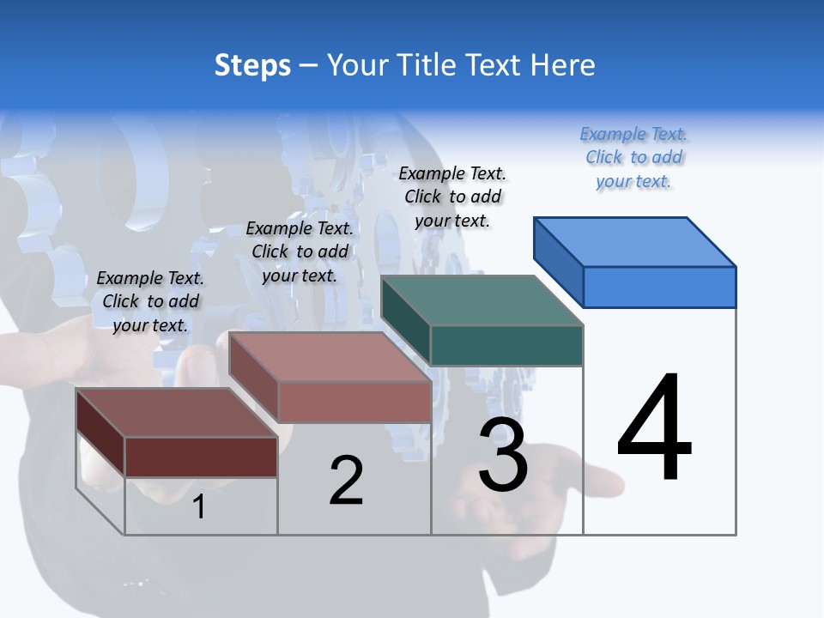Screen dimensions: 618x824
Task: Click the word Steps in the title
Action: click(252, 65)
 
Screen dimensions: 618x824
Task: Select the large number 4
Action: click(654, 429)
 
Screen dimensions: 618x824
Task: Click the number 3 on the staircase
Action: click(503, 455)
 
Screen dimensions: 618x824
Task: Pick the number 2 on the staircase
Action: click(346, 481)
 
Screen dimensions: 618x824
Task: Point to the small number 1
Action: click(199, 507)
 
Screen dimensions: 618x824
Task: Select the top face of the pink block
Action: click(330, 357)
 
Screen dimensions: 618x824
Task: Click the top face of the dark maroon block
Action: click(177, 413)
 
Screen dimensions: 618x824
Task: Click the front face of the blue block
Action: click(659, 287)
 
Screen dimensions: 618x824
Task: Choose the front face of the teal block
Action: click(506, 345)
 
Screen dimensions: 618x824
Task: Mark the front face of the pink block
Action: click(354, 402)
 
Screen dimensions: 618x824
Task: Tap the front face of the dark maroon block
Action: click(201, 457)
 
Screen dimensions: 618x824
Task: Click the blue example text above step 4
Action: click(633, 158)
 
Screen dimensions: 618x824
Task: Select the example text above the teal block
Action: click(453, 197)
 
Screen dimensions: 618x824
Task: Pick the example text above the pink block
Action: click(300, 251)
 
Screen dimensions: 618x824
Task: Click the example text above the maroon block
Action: click(150, 301)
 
